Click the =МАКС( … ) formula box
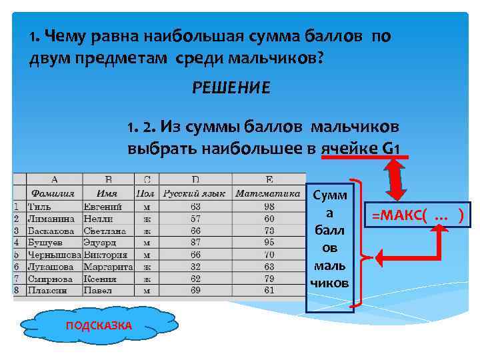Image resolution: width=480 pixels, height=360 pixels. [x=421, y=215]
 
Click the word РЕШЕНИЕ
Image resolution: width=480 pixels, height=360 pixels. [x=231, y=88]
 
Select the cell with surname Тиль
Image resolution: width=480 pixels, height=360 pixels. [x=40, y=206]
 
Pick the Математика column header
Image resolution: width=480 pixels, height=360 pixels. [x=268, y=194]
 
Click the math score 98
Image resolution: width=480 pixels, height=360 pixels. [x=269, y=206]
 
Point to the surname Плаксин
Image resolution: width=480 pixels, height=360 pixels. [x=45, y=291]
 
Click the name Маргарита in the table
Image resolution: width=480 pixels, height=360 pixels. [x=108, y=267]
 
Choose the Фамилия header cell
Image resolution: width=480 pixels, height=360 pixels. [x=53, y=194]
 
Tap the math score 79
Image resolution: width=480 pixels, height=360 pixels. [x=269, y=279]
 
